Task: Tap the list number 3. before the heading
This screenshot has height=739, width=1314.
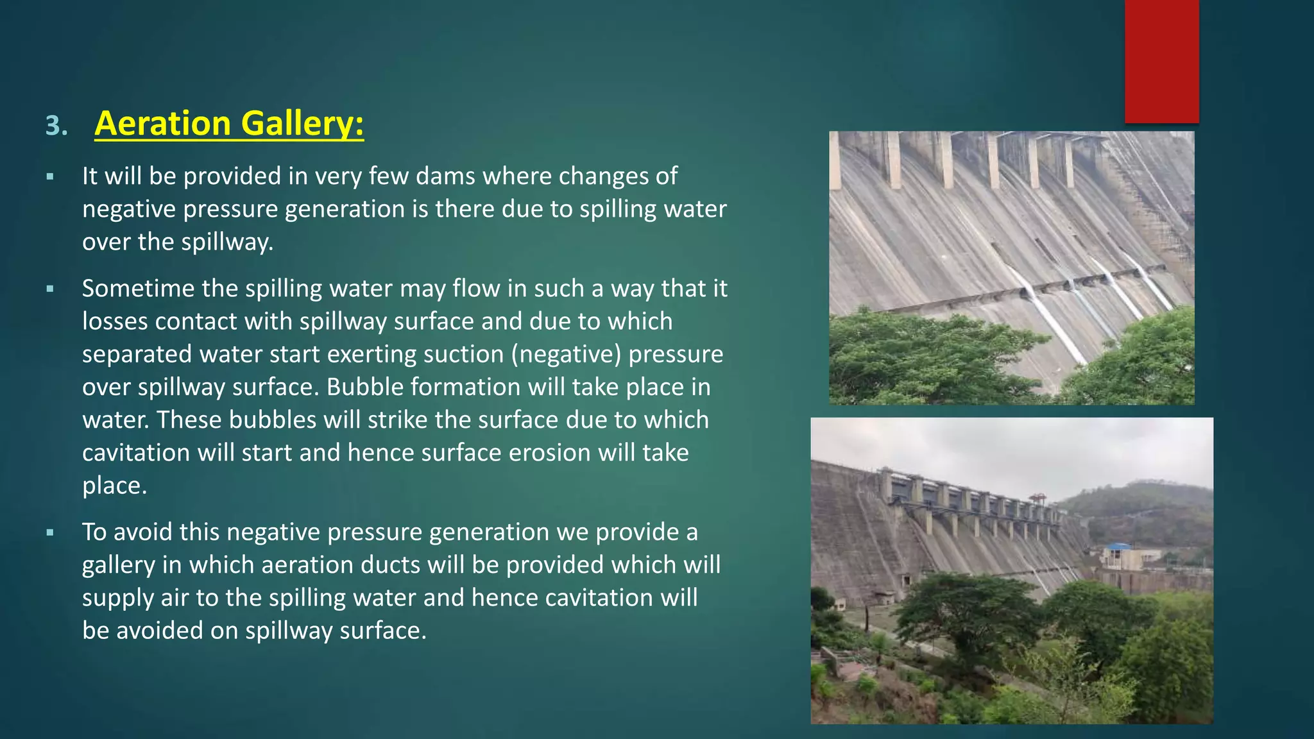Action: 56,126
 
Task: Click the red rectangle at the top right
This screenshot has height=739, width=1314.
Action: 1161,61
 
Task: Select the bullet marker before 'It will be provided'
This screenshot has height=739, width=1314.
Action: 50,176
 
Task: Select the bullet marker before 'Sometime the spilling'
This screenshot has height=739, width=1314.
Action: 50,289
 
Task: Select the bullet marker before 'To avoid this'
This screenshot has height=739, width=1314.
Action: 50,532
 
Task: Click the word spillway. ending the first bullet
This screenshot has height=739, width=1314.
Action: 227,242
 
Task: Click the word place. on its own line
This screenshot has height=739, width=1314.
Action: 114,486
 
